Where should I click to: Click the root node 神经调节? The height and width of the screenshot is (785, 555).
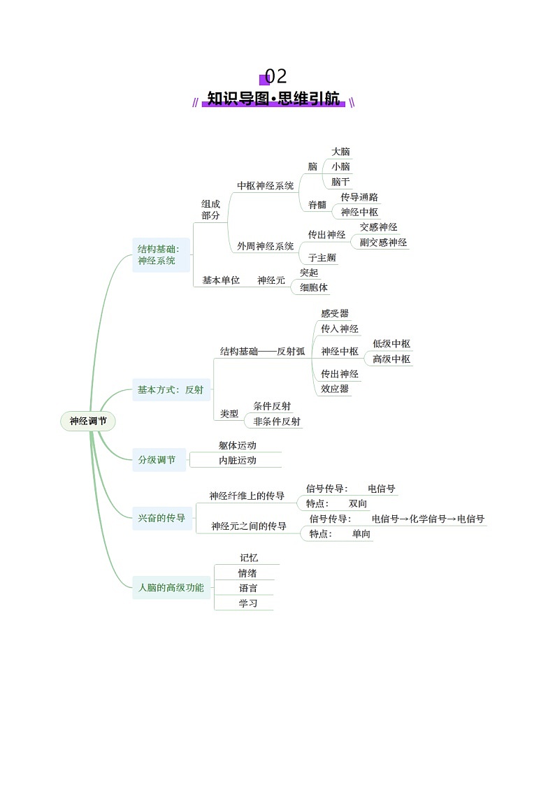(x=87, y=422)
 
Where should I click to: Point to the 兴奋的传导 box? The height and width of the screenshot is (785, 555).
(x=162, y=518)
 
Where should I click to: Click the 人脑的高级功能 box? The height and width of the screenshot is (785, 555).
(x=171, y=588)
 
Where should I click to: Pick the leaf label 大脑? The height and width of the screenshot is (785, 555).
(x=340, y=152)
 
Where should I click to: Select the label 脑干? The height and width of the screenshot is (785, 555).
(x=340, y=182)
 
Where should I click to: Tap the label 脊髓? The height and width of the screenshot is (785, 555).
(x=317, y=205)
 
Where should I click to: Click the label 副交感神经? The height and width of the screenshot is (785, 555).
(x=383, y=243)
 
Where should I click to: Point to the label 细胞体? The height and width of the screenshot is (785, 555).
(x=314, y=287)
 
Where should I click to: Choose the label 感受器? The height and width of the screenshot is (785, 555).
(x=335, y=314)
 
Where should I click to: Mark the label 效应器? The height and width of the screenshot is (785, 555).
(x=335, y=389)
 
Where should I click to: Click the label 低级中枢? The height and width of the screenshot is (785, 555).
(x=391, y=344)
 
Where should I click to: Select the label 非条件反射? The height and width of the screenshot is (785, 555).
(x=277, y=422)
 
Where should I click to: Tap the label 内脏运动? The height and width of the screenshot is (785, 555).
(x=238, y=461)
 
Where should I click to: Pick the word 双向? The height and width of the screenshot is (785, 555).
(x=358, y=504)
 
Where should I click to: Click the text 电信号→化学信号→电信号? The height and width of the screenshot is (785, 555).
(x=428, y=519)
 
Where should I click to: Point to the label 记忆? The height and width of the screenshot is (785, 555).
(x=249, y=558)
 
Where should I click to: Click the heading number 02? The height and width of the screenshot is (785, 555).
(x=275, y=76)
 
